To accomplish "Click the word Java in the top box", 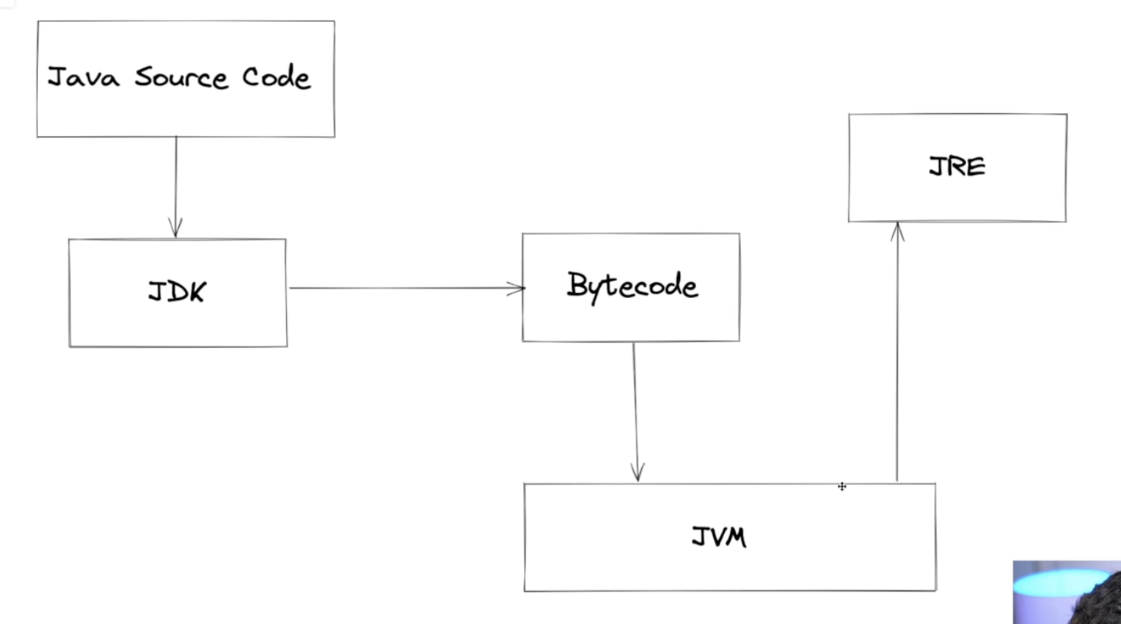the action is click(84, 77).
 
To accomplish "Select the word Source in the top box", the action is click(181, 77).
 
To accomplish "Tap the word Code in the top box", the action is click(277, 77).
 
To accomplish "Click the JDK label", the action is click(177, 291).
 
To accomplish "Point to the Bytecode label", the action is click(632, 286).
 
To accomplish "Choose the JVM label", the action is click(719, 537).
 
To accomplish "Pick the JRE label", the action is click(957, 166).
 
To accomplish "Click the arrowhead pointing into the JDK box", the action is click(175, 228).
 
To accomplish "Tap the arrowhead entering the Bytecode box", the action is click(516, 289).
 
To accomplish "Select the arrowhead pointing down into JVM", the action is click(638, 472).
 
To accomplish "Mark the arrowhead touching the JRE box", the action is click(897, 232).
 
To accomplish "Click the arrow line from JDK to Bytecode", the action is click(407, 288).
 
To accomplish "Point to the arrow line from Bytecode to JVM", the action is click(635, 412).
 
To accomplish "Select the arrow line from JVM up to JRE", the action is click(897, 352).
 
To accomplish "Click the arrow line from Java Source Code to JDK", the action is click(175, 187).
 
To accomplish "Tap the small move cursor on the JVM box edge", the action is click(842, 486).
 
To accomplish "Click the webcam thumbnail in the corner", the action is click(1067, 592).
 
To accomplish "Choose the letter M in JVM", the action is click(735, 537).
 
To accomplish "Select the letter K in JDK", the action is click(197, 291).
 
